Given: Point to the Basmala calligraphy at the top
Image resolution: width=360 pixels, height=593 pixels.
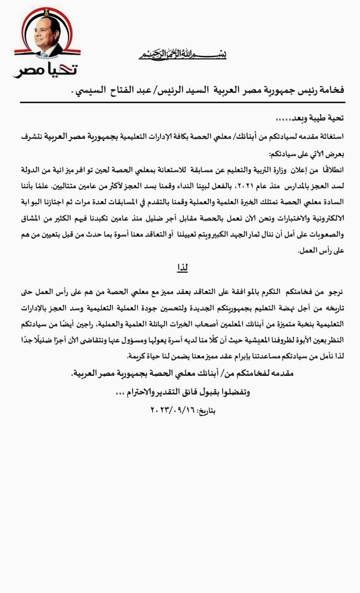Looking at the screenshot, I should tap(183, 54).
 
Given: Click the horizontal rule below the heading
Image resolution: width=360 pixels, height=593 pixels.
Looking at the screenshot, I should tap(183, 102).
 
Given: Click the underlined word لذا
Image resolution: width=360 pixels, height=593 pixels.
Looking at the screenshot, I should tap(183, 267).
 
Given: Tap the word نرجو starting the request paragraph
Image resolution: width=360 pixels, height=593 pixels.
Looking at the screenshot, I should tap(334, 292).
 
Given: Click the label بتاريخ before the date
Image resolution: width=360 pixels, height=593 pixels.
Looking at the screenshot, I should tap(206, 411).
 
